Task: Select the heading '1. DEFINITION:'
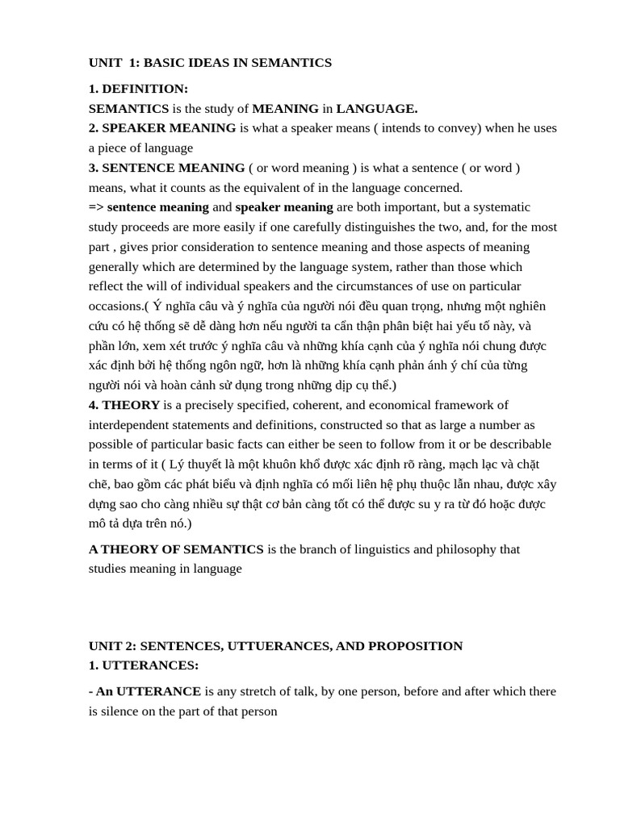[x=138, y=89]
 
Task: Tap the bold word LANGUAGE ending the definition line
[x=376, y=108]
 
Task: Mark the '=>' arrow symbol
[x=96, y=206]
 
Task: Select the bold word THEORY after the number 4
[x=131, y=405]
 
